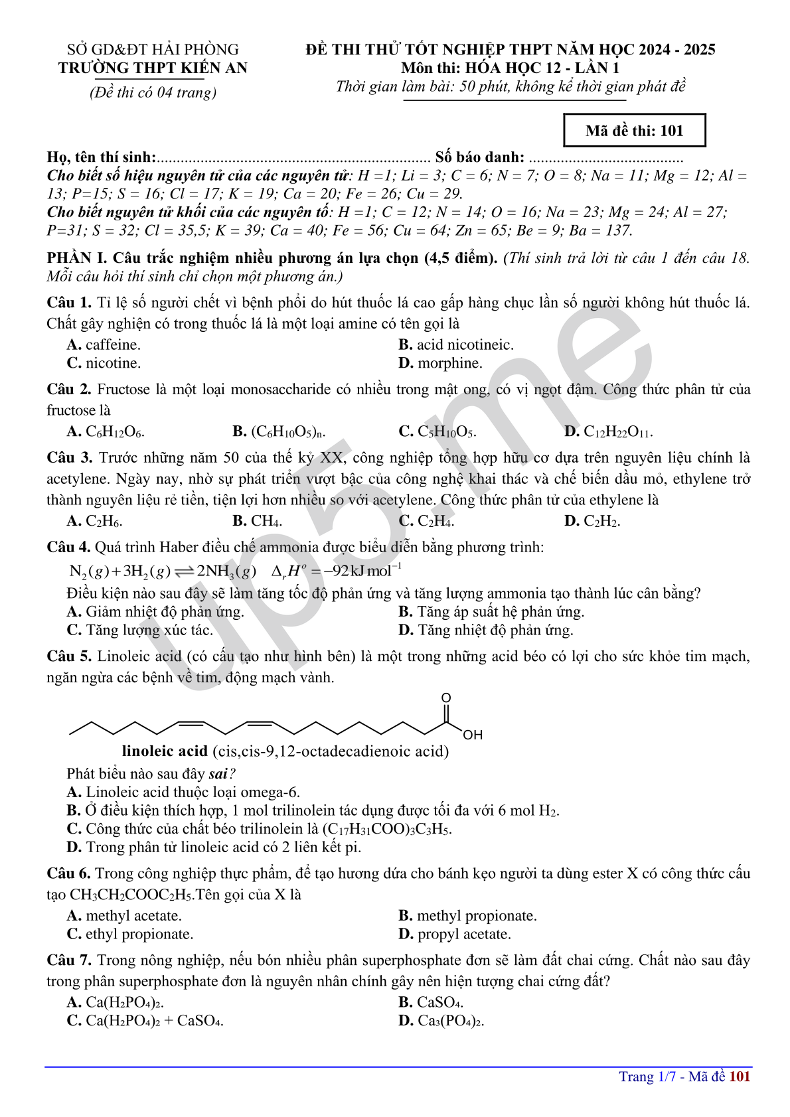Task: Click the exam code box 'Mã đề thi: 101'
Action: (634, 131)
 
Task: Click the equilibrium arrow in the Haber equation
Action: (184, 571)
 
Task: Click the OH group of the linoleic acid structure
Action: (473, 735)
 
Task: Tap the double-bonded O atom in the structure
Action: (446, 698)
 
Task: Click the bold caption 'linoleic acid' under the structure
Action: (165, 751)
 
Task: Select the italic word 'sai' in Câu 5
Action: (218, 774)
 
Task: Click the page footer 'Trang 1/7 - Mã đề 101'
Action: (684, 1077)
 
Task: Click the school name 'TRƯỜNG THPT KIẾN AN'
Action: (153, 68)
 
